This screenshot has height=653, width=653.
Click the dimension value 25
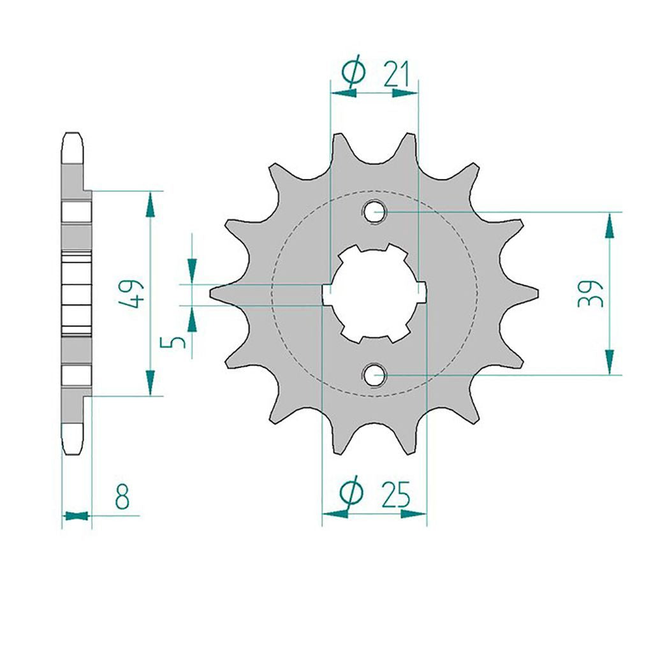pyautogui.click(x=396, y=495)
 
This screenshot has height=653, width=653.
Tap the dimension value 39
pyautogui.click(x=590, y=293)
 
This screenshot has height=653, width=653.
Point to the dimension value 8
pyautogui.click(x=122, y=496)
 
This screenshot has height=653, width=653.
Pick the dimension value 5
pyautogui.click(x=172, y=342)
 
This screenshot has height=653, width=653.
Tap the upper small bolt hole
pyautogui.click(x=374, y=212)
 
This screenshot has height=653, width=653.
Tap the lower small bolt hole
pyautogui.click(x=374, y=374)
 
